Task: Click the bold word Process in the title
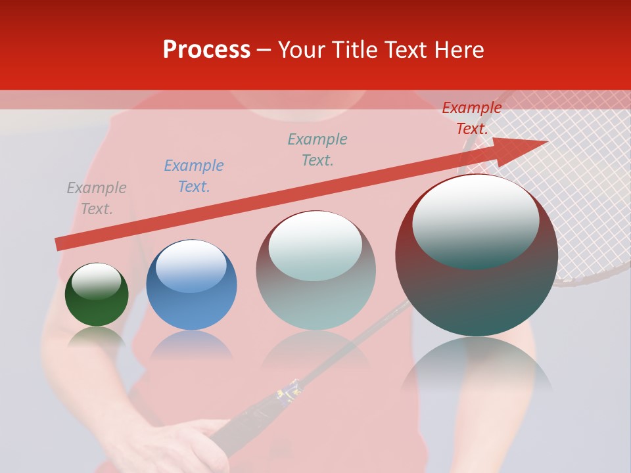pyautogui.click(x=206, y=50)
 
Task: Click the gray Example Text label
pyautogui.click(x=97, y=198)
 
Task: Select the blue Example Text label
pyautogui.click(x=194, y=176)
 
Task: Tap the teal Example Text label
pyautogui.click(x=317, y=150)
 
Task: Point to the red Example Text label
pyautogui.click(x=472, y=118)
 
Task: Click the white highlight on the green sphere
pyautogui.click(x=96, y=281)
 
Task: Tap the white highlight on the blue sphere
pyautogui.click(x=191, y=265)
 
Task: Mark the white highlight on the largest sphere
pyautogui.click(x=475, y=221)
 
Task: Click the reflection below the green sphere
pyautogui.click(x=97, y=336)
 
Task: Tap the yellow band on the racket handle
pyautogui.click(x=288, y=392)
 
